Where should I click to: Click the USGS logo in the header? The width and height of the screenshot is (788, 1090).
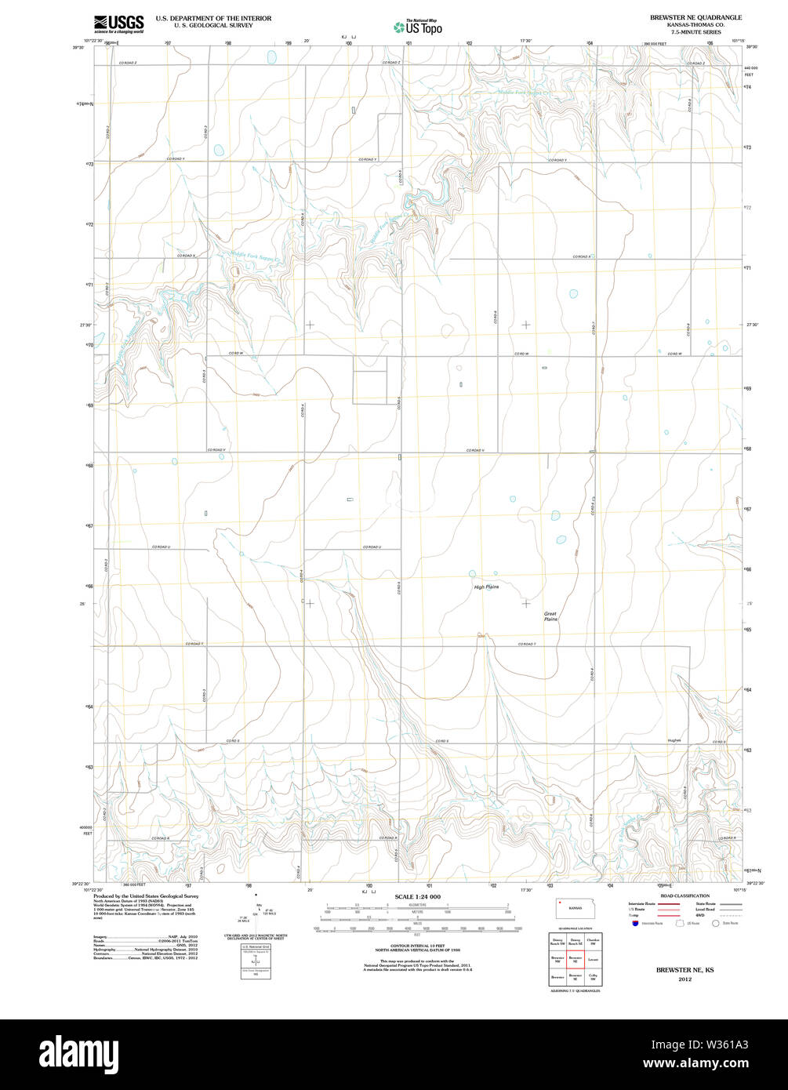click(118, 24)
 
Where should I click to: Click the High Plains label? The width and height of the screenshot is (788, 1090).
click(486, 587)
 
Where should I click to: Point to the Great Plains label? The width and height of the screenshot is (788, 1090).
click(551, 616)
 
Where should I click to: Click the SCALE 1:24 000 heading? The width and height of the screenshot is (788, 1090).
click(417, 896)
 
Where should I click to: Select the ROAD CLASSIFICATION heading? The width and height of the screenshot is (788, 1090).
click(685, 896)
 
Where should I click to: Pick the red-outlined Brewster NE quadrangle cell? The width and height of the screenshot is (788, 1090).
click(575, 958)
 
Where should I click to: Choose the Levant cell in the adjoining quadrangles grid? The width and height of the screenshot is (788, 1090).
click(593, 958)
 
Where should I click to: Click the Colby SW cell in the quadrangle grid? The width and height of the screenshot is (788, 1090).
click(593, 977)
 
